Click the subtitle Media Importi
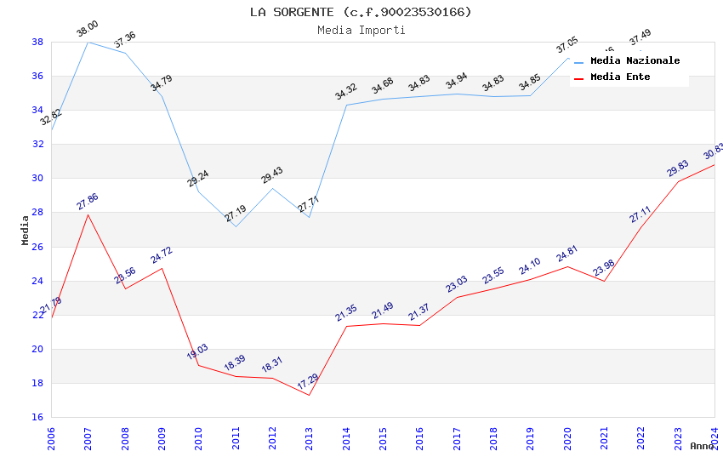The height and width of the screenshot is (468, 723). click(x=361, y=30)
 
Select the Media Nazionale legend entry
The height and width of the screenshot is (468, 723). click(x=635, y=60)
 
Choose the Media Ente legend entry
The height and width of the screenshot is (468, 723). click(x=620, y=77)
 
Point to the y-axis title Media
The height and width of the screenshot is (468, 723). click(x=26, y=230)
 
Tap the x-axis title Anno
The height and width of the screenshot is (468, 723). click(x=702, y=446)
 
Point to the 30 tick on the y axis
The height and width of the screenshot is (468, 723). click(x=38, y=179)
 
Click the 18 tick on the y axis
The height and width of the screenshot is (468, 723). click(x=38, y=383)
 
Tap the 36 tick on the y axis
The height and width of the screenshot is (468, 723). click(x=38, y=76)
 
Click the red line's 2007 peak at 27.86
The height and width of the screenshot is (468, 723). click(x=88, y=214)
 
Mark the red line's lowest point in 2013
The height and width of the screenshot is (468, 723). click(x=310, y=395)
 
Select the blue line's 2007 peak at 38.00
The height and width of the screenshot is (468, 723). click(x=88, y=42)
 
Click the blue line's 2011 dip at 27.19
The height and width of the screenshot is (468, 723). click(x=236, y=226)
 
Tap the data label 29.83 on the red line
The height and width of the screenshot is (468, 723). click(x=677, y=168)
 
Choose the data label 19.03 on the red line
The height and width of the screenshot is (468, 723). click(x=197, y=351)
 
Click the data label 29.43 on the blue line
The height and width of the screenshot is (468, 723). click(x=272, y=174)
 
